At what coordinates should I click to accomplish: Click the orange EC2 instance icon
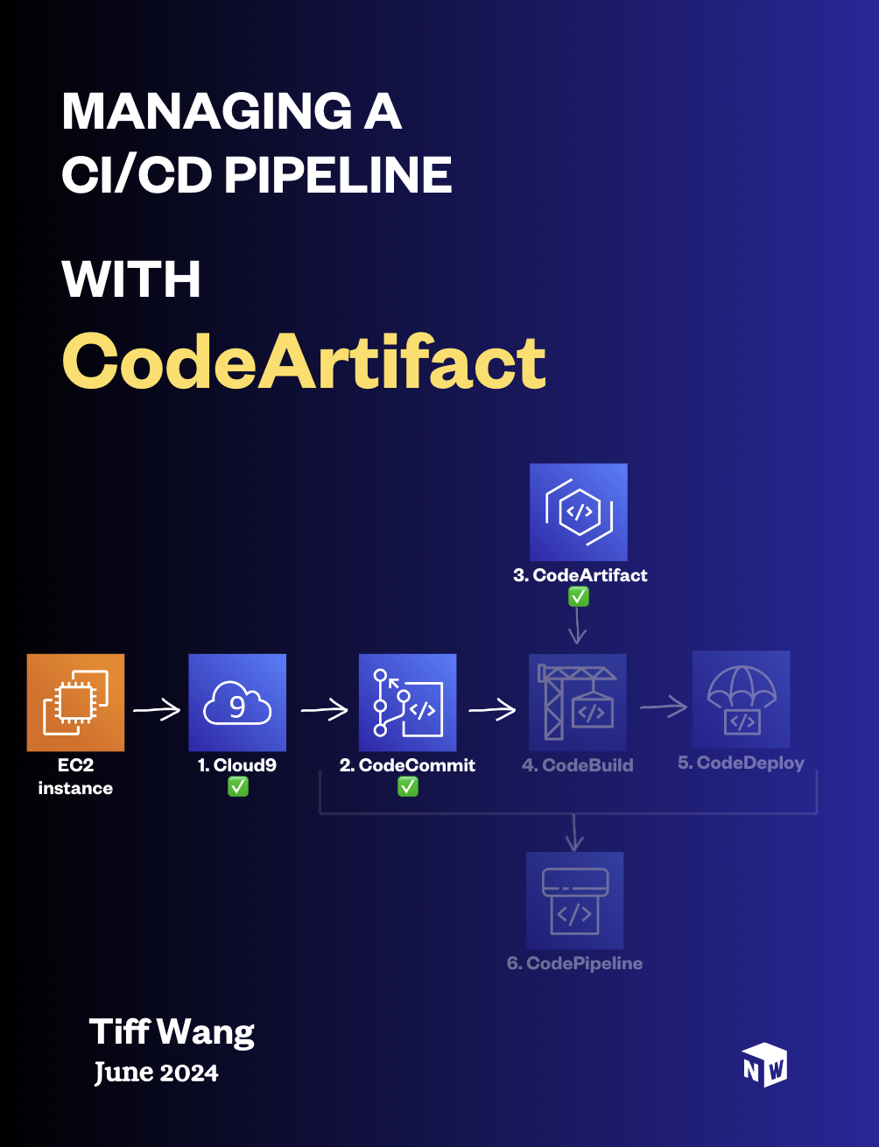tap(75, 702)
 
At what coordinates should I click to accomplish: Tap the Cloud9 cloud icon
tap(237, 702)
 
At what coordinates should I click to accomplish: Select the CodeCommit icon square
tap(407, 702)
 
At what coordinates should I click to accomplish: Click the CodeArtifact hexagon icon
tap(578, 512)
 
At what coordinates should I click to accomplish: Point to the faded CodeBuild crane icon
tap(578, 702)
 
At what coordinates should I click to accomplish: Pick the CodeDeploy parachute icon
tap(742, 700)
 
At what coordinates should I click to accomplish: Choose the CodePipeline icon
tap(574, 900)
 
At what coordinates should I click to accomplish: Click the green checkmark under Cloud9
tap(238, 787)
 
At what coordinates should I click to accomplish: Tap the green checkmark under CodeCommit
tap(408, 787)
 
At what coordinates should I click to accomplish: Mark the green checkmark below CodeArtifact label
tap(578, 597)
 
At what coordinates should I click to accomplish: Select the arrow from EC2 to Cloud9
tap(157, 710)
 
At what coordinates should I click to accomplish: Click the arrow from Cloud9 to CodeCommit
tap(325, 710)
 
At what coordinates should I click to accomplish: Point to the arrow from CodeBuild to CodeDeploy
tap(664, 707)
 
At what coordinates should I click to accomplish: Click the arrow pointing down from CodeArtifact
tap(578, 625)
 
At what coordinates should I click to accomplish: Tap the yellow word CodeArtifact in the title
tap(304, 362)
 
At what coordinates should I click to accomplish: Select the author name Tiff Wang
tap(172, 1031)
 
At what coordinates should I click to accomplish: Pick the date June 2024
tap(156, 1073)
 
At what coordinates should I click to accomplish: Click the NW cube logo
tap(764, 1065)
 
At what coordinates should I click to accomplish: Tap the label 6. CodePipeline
tap(574, 963)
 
